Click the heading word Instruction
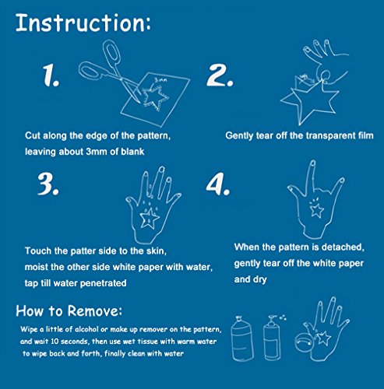(x=83, y=23)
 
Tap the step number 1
(x=51, y=75)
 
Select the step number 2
(x=220, y=75)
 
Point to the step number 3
(x=48, y=184)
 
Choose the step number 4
(x=218, y=184)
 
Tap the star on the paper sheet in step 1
(x=155, y=99)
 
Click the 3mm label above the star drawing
(x=161, y=80)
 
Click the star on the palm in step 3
(x=150, y=218)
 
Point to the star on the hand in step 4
(x=317, y=209)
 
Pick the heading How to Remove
(x=69, y=310)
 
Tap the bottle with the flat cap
(x=242, y=338)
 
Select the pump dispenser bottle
(x=272, y=338)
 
